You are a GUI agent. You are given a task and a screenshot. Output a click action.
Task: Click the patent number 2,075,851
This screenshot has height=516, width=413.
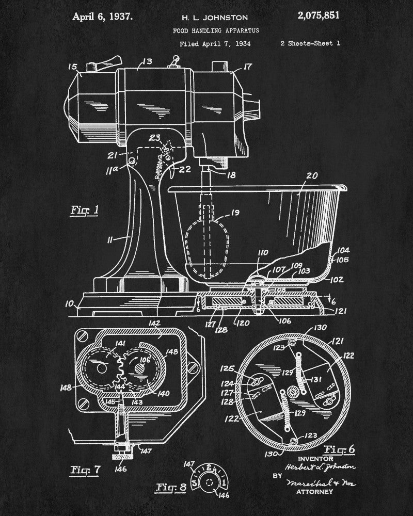coord(319,15)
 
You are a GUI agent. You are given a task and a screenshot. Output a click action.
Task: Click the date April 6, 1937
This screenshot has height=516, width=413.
coord(102,16)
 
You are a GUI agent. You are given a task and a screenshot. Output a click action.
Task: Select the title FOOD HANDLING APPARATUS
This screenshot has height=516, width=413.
coord(216,31)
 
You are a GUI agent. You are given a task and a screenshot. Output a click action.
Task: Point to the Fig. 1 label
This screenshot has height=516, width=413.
coord(84,211)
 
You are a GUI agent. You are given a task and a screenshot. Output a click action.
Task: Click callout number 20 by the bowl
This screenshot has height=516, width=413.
coord(312,176)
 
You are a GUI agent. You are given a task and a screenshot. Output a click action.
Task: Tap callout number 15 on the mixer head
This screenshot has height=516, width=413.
coord(73,67)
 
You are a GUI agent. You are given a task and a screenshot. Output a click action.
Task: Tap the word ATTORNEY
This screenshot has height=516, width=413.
coord(314,492)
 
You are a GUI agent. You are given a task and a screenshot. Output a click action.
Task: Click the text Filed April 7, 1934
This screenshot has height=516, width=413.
coord(215,44)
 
